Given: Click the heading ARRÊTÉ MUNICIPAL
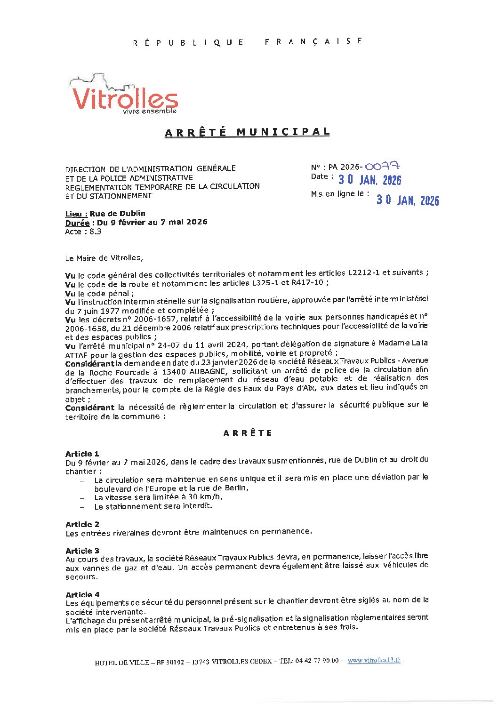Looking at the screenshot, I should pos(247,132).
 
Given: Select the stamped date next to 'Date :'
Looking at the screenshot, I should pos(369,180).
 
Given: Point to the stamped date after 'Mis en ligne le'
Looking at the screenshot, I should pos(407,200).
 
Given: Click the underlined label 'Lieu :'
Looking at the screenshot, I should pos(76,214).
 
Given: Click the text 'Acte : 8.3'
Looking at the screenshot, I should pos(83,232).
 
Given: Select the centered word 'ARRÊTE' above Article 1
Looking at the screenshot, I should pos(248,433).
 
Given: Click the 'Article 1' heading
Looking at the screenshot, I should pos(82,454).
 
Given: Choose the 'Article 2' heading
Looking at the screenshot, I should pos(82,524).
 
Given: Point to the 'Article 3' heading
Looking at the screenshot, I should pos(82,551).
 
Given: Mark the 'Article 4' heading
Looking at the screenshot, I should pos(82,595).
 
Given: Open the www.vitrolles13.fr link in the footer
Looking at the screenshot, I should pos(374,660).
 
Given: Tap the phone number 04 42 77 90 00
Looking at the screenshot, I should pos(317,661).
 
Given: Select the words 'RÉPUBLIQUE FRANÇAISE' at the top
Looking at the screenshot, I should pos(248,42).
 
